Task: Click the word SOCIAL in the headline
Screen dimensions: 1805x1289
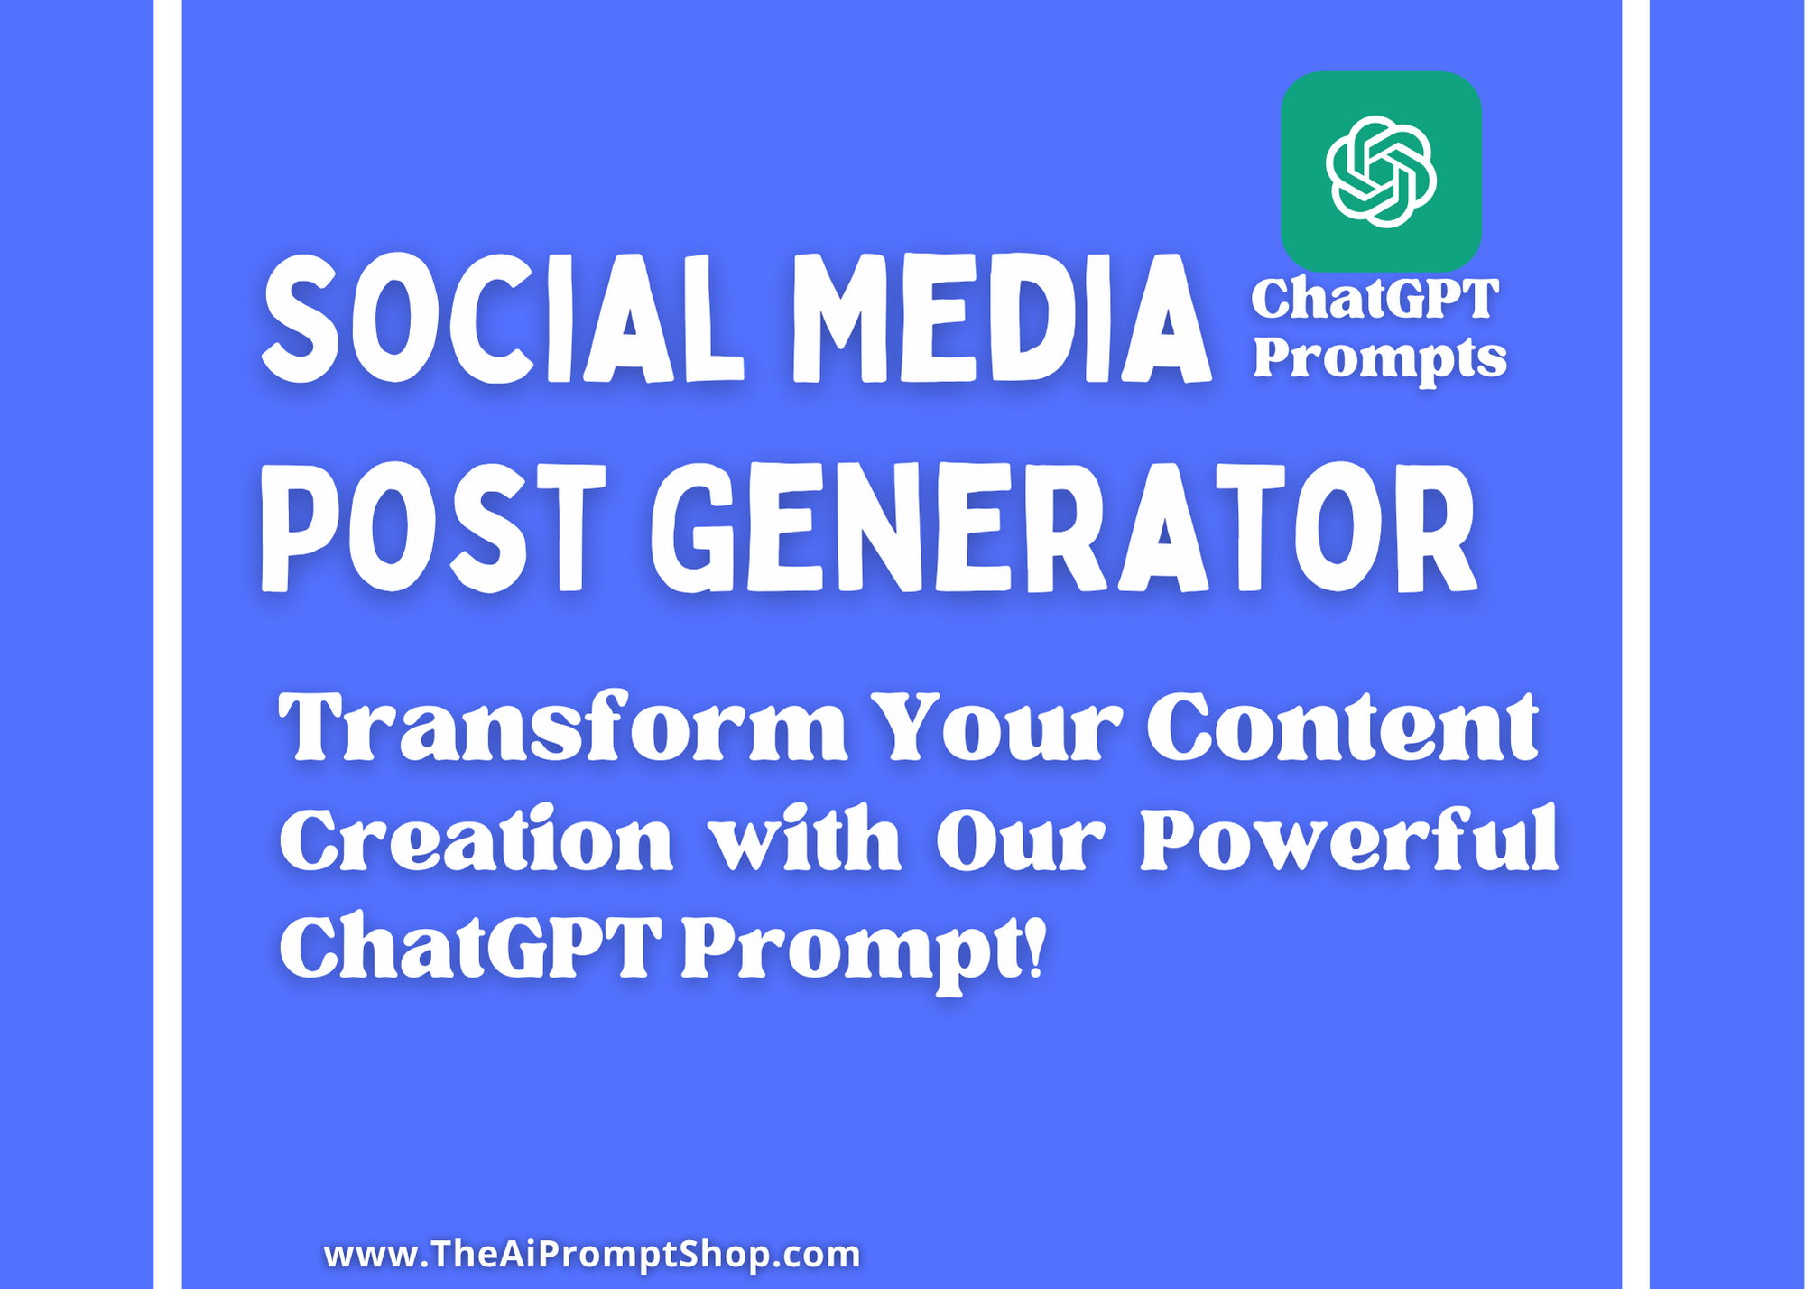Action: click(503, 318)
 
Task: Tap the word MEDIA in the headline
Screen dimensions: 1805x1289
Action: click(1001, 318)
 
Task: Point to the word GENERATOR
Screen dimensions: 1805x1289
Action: click(1063, 527)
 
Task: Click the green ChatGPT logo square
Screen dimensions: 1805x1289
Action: click(1381, 172)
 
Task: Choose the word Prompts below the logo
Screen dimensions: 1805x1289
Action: click(1380, 359)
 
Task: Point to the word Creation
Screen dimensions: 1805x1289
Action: click(477, 839)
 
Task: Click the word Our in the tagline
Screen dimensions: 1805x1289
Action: click(1020, 839)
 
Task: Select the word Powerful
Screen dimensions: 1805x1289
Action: click(1349, 839)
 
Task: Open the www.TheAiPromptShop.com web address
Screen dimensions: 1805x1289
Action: click(592, 1254)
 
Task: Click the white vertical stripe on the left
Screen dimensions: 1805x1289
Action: click(168, 644)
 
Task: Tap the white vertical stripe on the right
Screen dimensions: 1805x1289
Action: click(1635, 644)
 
